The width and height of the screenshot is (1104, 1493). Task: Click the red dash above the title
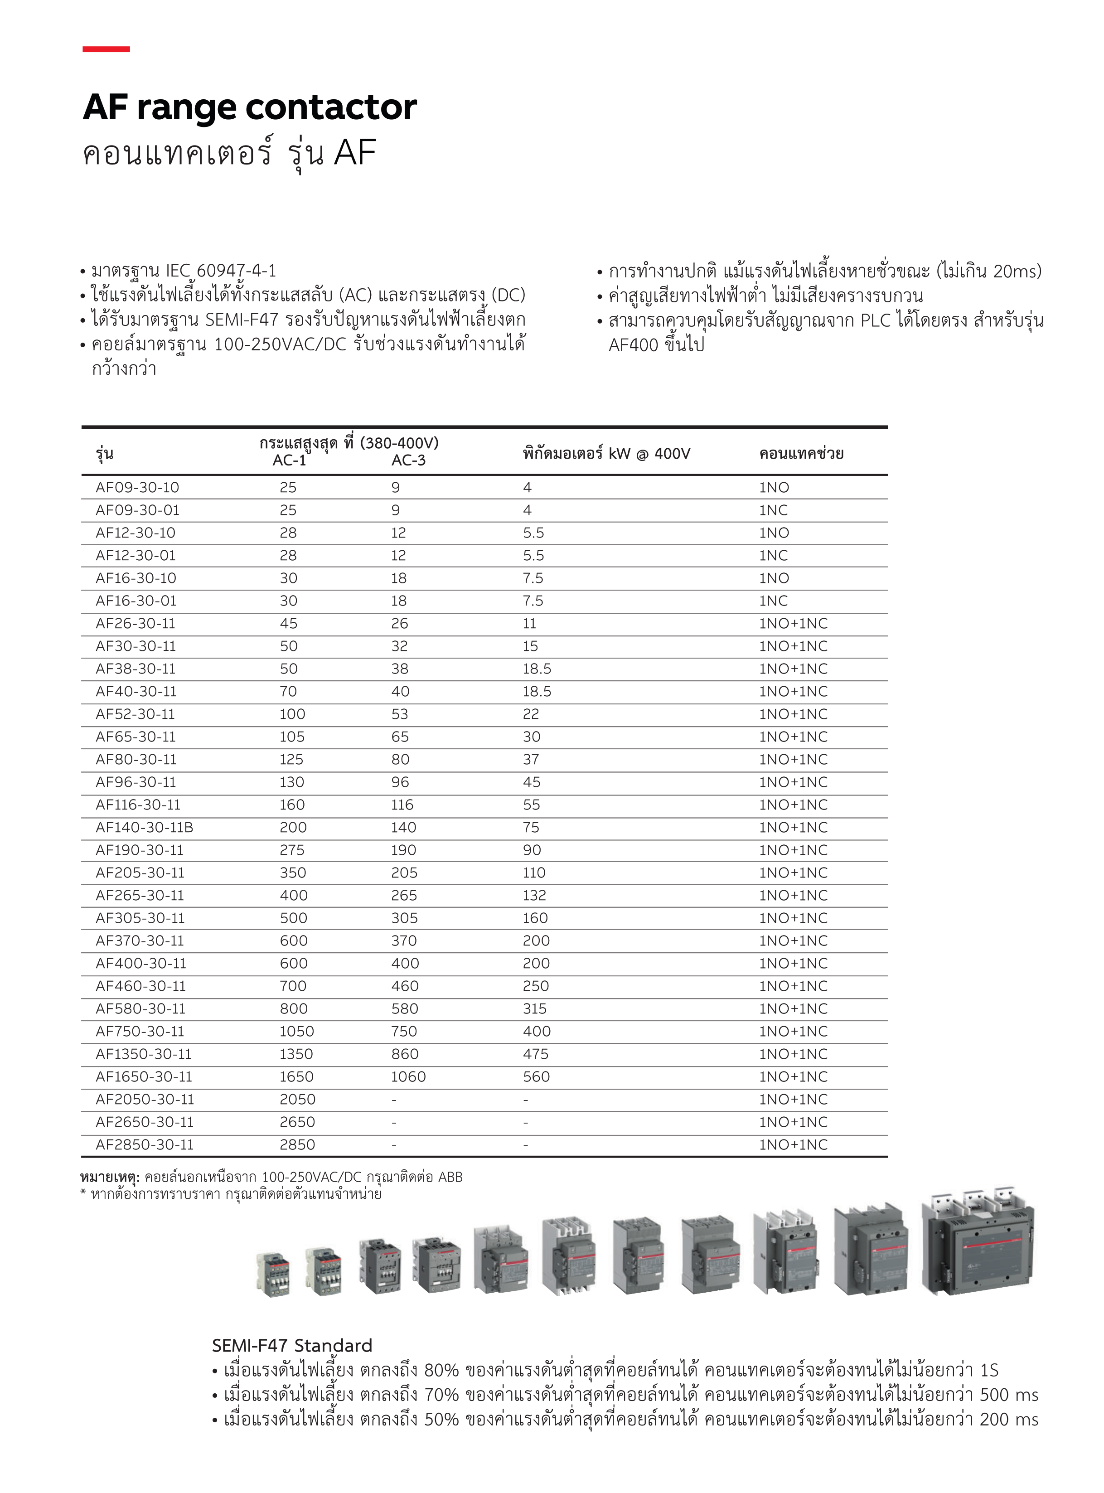(x=106, y=49)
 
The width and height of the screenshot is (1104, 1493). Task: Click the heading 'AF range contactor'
(x=249, y=107)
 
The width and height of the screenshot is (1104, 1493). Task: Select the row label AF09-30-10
(x=137, y=488)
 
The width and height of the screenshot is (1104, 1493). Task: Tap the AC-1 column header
(x=289, y=461)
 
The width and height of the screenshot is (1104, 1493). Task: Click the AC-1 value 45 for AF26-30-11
(x=289, y=624)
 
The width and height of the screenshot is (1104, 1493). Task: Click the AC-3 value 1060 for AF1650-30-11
(x=408, y=1076)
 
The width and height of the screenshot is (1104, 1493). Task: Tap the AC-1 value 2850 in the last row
(x=297, y=1145)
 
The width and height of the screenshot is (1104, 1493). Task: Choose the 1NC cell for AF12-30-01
(x=773, y=555)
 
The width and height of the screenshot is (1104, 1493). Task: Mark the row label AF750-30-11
(x=139, y=1031)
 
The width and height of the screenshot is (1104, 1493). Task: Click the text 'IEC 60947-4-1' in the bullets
(x=221, y=271)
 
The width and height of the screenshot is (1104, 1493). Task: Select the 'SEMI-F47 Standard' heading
(x=291, y=1345)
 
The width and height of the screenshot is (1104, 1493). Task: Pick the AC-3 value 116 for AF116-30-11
(x=402, y=805)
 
